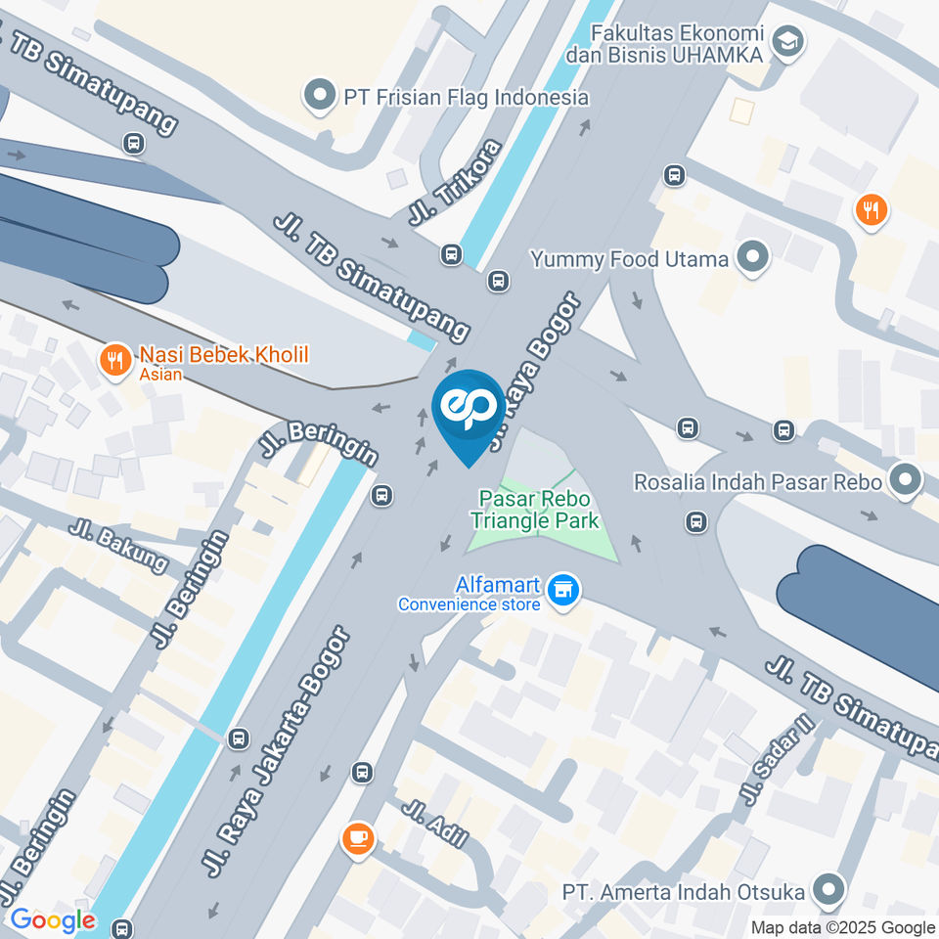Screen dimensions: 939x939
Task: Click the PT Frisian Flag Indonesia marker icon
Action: tap(319, 97)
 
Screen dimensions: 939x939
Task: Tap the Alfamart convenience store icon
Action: tap(562, 590)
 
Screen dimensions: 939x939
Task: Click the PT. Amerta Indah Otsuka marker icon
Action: tap(829, 891)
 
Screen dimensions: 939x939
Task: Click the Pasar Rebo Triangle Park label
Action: tap(539, 510)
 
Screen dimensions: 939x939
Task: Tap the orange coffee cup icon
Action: tap(358, 838)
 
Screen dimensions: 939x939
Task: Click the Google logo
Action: tap(53, 920)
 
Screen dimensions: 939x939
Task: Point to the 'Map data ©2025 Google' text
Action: tap(842, 927)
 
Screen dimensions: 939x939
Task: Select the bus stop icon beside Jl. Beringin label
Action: tap(382, 496)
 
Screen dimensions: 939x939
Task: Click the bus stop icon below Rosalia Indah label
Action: tap(696, 521)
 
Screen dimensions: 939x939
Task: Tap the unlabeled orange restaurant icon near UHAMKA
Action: tap(870, 209)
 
